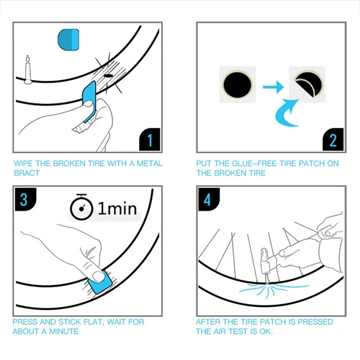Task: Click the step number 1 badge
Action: tap(150, 139)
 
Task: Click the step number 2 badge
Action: tap(333, 139)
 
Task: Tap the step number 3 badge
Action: tap(25, 199)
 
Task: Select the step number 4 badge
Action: tap(209, 199)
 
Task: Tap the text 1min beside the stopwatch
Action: tap(117, 208)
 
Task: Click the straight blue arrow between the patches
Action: tap(273, 87)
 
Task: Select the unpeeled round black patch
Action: tap(238, 84)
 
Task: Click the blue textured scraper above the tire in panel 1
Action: tap(68, 40)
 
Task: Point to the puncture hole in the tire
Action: tap(108, 76)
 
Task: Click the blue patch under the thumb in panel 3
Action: tap(100, 282)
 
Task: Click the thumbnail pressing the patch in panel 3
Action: tap(98, 276)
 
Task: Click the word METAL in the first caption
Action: tap(150, 163)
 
